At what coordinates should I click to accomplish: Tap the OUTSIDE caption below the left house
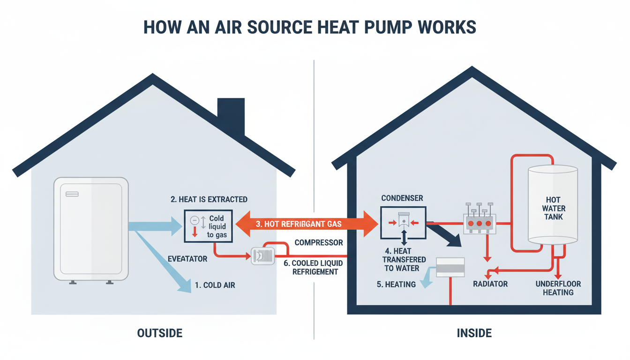[x=160, y=333]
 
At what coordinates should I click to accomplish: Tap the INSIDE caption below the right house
[x=474, y=333]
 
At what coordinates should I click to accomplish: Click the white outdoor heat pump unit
[x=91, y=229]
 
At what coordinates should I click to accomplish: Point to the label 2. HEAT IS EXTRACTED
[x=209, y=199]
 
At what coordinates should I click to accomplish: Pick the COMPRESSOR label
[x=319, y=243]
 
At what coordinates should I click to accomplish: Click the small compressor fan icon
[x=261, y=255]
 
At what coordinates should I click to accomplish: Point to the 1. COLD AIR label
[x=216, y=285]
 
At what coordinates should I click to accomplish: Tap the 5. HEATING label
[x=397, y=284]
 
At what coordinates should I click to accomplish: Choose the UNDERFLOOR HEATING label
[x=558, y=288]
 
